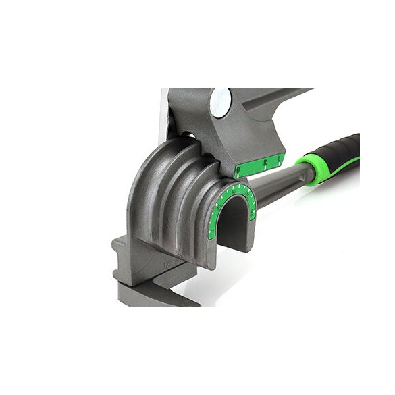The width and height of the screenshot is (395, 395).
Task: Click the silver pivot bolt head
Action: pyautogui.click(x=219, y=102)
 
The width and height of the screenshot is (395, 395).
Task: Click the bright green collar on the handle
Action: pyautogui.click(x=310, y=167)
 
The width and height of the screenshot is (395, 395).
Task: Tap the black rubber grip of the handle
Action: pyautogui.click(x=342, y=152)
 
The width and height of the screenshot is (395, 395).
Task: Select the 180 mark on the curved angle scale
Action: pyautogui.click(x=253, y=215)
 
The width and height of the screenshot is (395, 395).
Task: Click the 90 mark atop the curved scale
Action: pyautogui.click(x=230, y=190)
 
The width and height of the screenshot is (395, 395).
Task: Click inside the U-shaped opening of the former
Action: pyautogui.click(x=233, y=226)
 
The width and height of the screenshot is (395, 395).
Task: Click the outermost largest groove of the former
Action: pyautogui.click(x=145, y=196)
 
